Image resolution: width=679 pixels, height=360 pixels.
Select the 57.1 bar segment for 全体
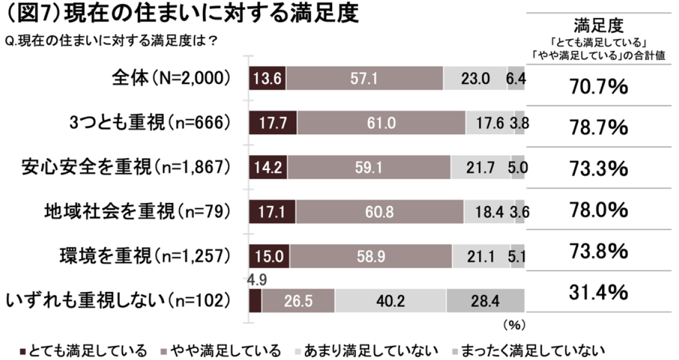(x=364, y=79)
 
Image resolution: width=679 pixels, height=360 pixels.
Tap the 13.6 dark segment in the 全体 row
(x=268, y=79)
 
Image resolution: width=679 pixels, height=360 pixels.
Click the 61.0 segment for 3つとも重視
(x=381, y=123)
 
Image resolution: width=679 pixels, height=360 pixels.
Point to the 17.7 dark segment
(x=273, y=123)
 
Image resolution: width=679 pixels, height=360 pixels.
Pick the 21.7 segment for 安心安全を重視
(x=481, y=167)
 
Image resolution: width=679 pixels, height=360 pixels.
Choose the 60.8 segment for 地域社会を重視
(x=379, y=211)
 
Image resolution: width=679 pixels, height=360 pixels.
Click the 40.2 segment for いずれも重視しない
(x=390, y=300)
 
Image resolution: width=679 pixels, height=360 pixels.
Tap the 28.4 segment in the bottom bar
(x=485, y=300)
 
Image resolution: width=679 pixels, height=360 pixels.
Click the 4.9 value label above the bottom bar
(x=254, y=279)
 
